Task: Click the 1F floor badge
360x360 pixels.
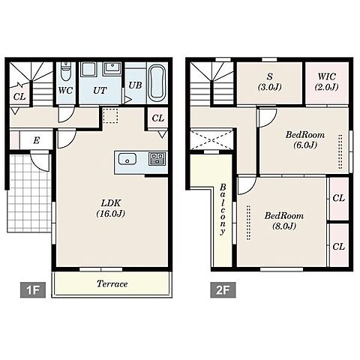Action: pyautogui.click(x=33, y=290)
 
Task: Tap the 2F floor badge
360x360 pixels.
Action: pyautogui.click(x=223, y=290)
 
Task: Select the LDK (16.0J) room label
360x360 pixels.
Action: pyautogui.click(x=111, y=208)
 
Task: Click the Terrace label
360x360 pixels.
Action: pyautogui.click(x=112, y=283)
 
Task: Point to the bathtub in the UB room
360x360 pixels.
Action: pyautogui.click(x=157, y=82)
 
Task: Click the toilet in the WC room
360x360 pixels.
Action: pyautogui.click(x=66, y=71)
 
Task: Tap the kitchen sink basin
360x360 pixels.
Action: pyautogui.click(x=127, y=159)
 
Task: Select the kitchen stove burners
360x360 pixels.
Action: pyautogui.click(x=157, y=159)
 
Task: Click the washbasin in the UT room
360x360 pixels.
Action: pyautogui.click(x=112, y=67)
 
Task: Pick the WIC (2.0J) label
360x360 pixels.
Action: pyautogui.click(x=327, y=82)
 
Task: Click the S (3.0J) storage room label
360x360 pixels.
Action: pyautogui.click(x=270, y=82)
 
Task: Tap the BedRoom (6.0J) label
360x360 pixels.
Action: pyautogui.click(x=305, y=139)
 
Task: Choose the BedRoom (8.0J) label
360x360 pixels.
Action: pyautogui.click(x=284, y=220)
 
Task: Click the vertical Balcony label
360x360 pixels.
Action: pyautogui.click(x=223, y=209)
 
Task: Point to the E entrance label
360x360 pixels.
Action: pyautogui.click(x=37, y=140)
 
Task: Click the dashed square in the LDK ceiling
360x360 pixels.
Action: pyautogui.click(x=110, y=115)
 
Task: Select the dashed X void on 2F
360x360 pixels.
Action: pyautogui.click(x=211, y=139)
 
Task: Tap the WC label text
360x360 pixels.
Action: pyautogui.click(x=65, y=91)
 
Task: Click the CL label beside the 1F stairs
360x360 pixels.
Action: pyautogui.click(x=19, y=97)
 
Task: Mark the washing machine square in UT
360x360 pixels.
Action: pyautogui.click(x=88, y=69)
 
